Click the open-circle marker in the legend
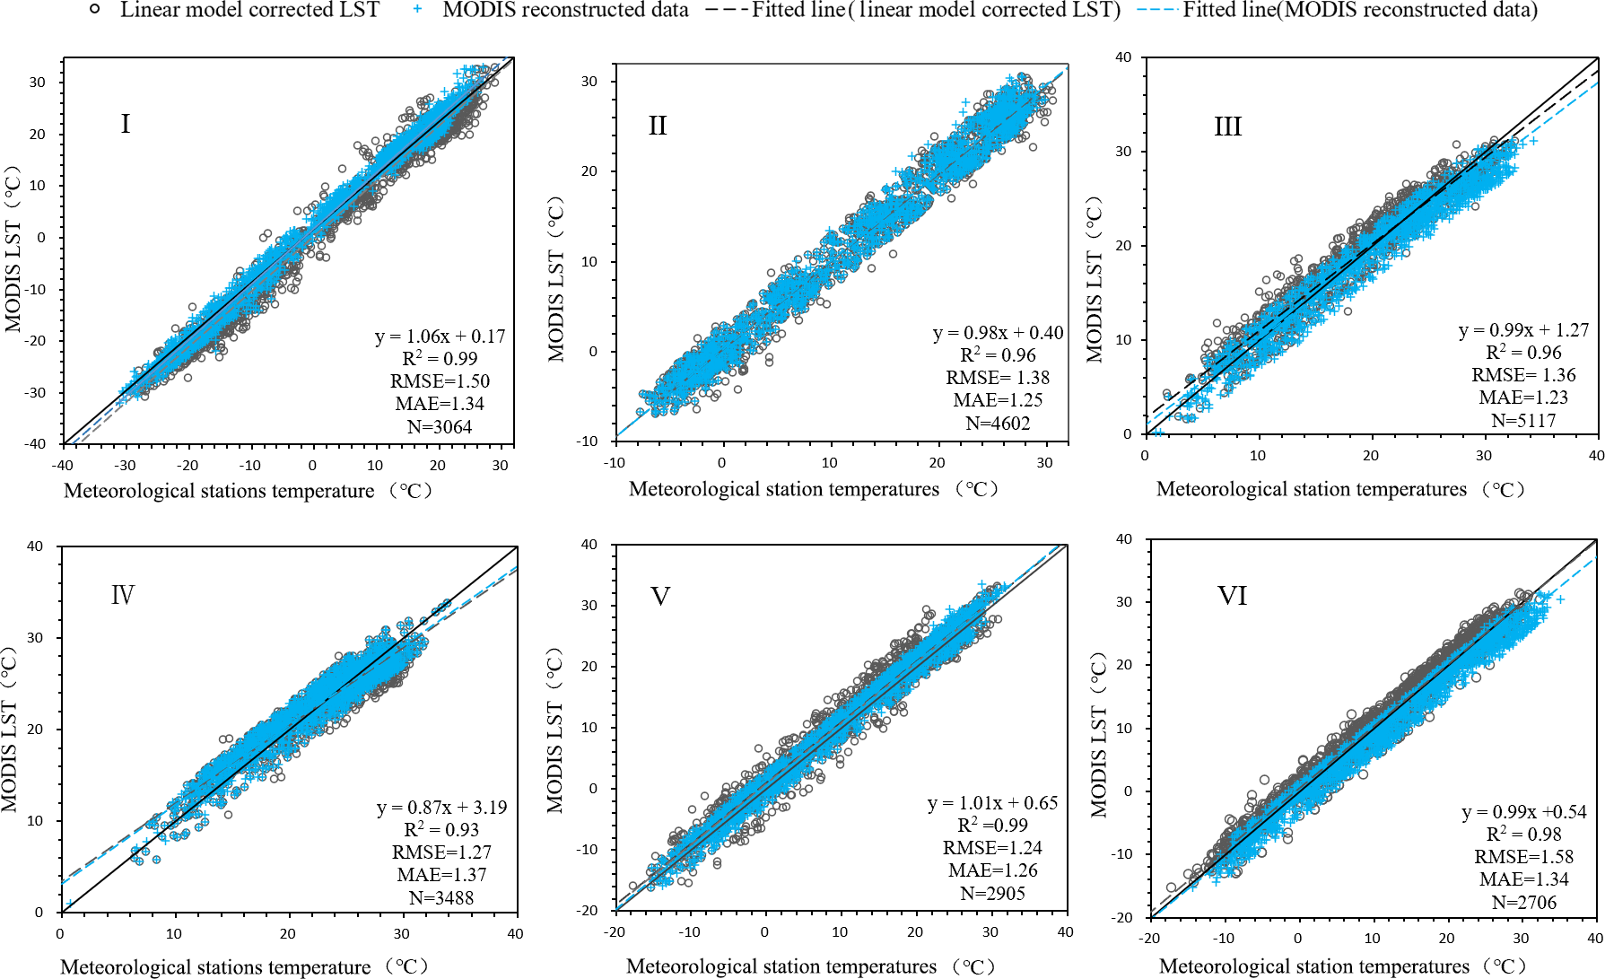(95, 10)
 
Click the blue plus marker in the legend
(418, 10)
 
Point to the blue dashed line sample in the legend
(1157, 10)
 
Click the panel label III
(1227, 127)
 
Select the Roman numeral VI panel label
(1232, 596)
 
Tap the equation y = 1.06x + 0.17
(440, 337)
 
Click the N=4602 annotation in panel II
(998, 423)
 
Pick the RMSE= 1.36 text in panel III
(1523, 375)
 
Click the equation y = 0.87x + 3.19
(441, 808)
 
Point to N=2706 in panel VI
(1523, 902)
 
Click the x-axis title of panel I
(249, 491)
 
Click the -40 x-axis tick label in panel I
(62, 465)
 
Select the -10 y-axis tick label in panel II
(589, 441)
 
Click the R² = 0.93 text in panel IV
(441, 830)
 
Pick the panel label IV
(123, 595)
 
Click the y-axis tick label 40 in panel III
(1123, 57)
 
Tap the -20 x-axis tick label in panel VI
(1149, 939)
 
